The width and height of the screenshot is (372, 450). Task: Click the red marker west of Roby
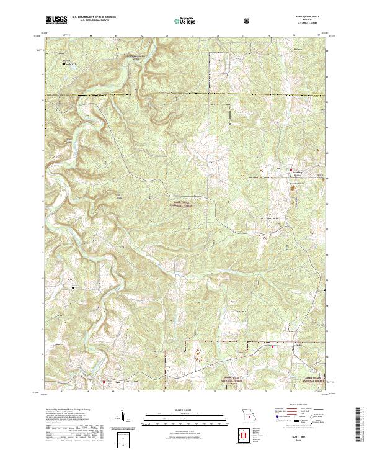click(273, 346)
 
